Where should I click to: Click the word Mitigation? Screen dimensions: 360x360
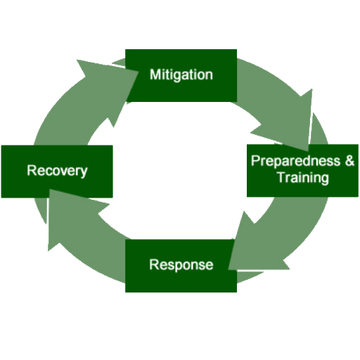click(x=181, y=75)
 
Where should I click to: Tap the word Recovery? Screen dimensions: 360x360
click(x=57, y=171)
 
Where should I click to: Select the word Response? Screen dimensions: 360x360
click(x=181, y=265)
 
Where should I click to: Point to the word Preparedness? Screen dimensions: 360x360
click(x=295, y=162)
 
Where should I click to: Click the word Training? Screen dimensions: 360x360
click(x=303, y=178)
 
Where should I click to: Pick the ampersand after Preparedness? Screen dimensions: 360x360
click(x=349, y=160)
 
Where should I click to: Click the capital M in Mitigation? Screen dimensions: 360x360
click(x=155, y=75)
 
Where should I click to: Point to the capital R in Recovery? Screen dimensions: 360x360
click(x=32, y=170)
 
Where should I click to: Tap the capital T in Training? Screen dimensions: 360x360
click(x=282, y=177)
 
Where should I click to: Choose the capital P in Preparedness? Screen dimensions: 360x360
click(x=256, y=161)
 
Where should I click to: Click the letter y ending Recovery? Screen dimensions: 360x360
click(x=84, y=173)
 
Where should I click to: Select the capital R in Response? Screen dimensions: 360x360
click(x=155, y=264)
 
